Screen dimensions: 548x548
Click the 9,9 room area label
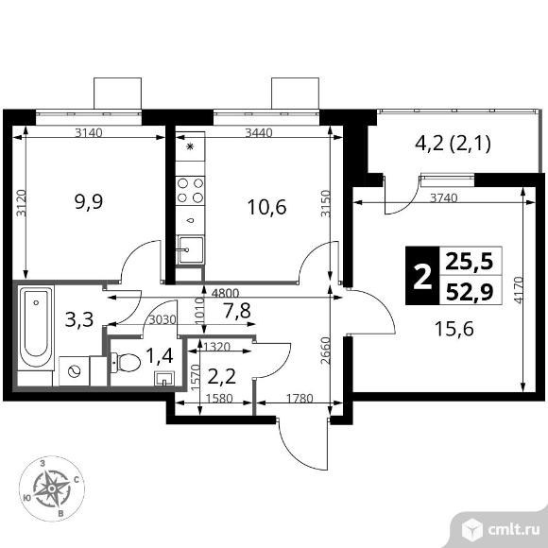(x=89, y=202)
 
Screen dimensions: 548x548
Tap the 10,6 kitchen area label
(x=266, y=207)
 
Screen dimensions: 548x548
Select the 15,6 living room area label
(x=454, y=329)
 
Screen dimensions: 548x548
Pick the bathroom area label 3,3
(x=79, y=319)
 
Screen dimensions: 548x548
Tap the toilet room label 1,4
(x=159, y=356)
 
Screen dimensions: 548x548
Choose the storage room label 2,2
(x=222, y=377)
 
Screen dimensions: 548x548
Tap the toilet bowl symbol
(x=126, y=363)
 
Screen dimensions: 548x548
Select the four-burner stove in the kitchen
(x=190, y=191)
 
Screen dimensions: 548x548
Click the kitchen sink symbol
(x=191, y=249)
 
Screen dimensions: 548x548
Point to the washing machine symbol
(x=74, y=371)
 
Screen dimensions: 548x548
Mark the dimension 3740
(x=443, y=198)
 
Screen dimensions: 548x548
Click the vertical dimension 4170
(x=519, y=290)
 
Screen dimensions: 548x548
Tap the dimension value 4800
(x=225, y=293)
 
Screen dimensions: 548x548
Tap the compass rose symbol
(x=52, y=488)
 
